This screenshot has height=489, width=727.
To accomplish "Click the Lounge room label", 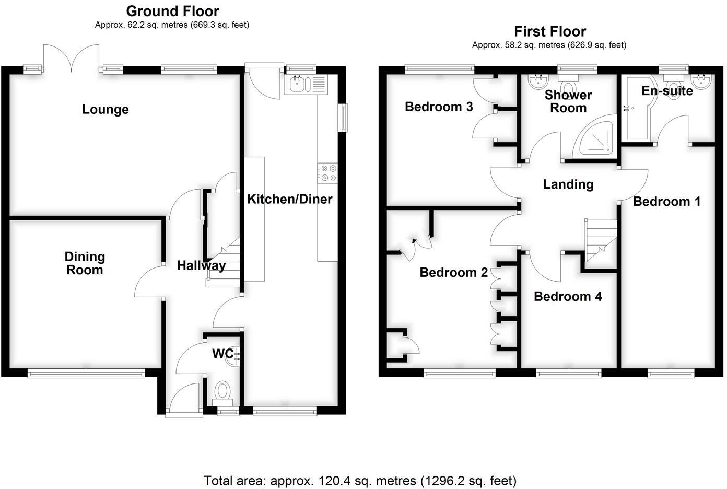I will (x=105, y=110).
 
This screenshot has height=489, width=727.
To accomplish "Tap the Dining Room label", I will (x=85, y=263).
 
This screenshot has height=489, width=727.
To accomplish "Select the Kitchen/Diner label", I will (x=289, y=199).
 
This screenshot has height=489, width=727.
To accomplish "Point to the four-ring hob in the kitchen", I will (x=327, y=173).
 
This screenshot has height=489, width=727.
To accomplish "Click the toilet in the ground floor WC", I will (x=223, y=391).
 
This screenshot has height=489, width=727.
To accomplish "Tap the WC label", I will (x=222, y=354).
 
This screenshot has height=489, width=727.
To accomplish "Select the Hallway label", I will (x=201, y=265).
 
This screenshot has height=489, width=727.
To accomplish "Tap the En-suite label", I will (x=667, y=91).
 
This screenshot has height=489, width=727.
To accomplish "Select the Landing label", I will (x=568, y=184).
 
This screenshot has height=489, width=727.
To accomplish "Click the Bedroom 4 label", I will (x=568, y=297).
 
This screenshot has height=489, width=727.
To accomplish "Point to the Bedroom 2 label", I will (x=453, y=272).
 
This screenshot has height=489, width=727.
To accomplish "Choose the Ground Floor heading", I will (x=172, y=11).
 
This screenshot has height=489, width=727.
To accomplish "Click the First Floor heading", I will (x=550, y=31).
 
